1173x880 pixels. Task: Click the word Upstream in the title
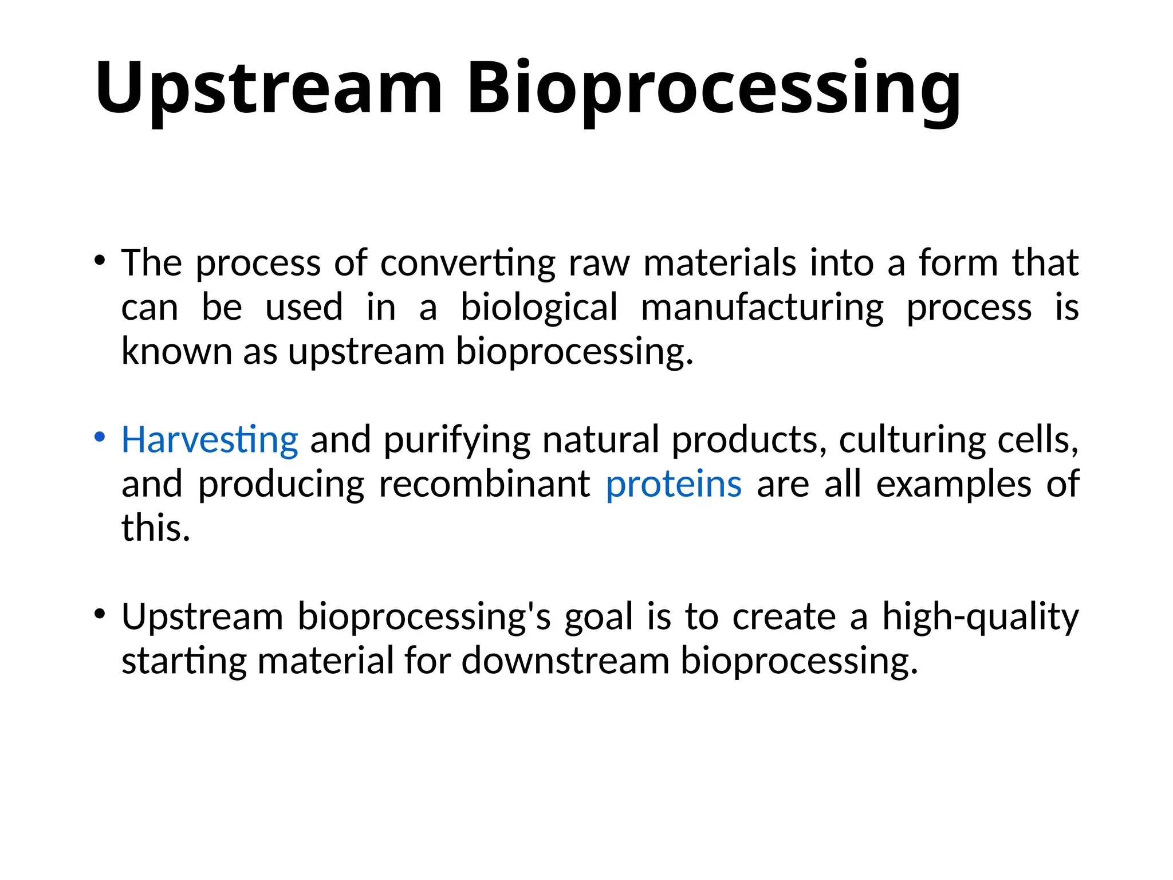point(268,89)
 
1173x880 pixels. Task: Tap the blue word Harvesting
point(210,440)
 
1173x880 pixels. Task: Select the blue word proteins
point(674,484)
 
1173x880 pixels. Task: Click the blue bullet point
point(100,437)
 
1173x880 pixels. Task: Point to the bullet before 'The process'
point(100,261)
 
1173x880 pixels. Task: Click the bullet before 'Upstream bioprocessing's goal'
point(100,614)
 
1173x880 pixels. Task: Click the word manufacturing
point(762,308)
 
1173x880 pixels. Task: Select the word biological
point(539,308)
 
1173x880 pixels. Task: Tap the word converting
point(467,264)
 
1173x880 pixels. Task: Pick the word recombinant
point(485,484)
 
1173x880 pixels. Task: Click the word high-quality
point(980,617)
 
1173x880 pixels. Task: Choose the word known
point(176,351)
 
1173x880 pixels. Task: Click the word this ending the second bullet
point(155,528)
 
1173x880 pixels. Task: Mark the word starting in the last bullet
point(184,661)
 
